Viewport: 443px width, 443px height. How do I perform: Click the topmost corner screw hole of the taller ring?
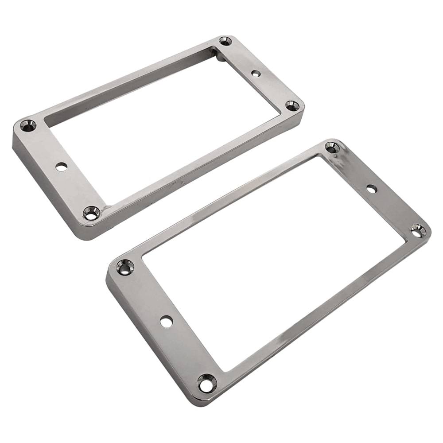pyautogui.click(x=225, y=41)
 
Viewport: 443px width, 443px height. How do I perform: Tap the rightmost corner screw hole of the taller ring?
pyautogui.click(x=292, y=105)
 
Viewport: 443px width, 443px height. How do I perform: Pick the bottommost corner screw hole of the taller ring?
pyautogui.click(x=91, y=213)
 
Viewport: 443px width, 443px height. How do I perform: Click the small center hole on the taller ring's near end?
pyautogui.click(x=62, y=167)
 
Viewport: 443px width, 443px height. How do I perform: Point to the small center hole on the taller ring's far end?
pyautogui.click(x=256, y=73)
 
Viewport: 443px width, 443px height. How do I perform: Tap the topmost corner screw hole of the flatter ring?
pyautogui.click(x=332, y=148)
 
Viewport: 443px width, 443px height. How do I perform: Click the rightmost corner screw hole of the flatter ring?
pyautogui.click(x=417, y=230)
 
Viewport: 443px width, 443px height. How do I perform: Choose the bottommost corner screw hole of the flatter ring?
pyautogui.click(x=207, y=383)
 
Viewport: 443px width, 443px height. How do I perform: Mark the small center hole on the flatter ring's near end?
pyautogui.click(x=167, y=322)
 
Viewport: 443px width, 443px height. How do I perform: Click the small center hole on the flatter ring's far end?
pyautogui.click(x=372, y=189)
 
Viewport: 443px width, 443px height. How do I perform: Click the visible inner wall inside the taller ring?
pyautogui.click(x=133, y=95)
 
